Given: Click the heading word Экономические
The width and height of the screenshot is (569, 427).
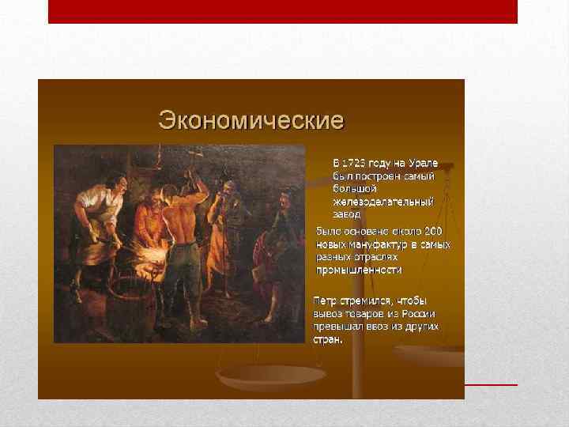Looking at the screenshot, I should [251, 121].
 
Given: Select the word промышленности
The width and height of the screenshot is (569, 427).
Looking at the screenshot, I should [359, 270].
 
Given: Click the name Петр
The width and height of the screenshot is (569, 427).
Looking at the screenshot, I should [326, 301].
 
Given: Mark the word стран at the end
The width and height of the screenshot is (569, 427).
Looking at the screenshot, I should [326, 339].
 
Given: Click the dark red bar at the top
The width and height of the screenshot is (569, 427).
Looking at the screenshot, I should [283, 11].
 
